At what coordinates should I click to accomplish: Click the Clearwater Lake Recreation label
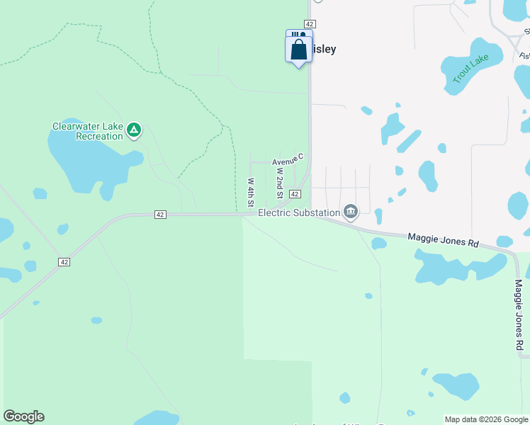click(x=88, y=131)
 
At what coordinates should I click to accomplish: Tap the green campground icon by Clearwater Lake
click(x=134, y=130)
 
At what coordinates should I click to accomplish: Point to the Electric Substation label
click(x=298, y=212)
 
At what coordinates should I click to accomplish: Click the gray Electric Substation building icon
click(x=350, y=212)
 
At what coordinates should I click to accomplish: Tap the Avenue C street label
click(x=288, y=161)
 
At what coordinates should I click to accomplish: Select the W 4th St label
click(x=251, y=192)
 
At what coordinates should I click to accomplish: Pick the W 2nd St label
click(x=280, y=183)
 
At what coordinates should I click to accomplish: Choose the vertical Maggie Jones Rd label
click(x=519, y=314)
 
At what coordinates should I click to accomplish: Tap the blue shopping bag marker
click(x=298, y=50)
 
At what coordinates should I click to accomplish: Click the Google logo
click(x=23, y=416)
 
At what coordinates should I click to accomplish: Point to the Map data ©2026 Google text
click(x=485, y=419)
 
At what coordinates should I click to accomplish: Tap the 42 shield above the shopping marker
click(x=310, y=23)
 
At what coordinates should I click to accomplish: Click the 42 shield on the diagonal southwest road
click(x=64, y=262)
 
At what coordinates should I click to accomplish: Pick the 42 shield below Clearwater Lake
click(x=161, y=215)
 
